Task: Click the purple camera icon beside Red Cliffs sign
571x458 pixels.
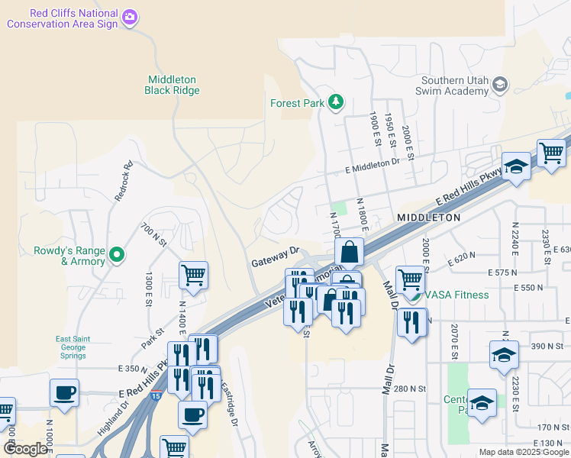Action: pos(131,16)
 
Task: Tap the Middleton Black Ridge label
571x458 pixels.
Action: pos(172,85)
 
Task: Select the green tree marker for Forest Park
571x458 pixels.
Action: pos(335,102)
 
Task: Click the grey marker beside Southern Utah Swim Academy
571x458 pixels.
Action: pos(501,83)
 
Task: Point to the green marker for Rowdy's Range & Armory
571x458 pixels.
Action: pos(117,254)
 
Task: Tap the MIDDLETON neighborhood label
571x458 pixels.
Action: pos(428,218)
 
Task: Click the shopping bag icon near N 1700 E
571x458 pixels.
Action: pos(349,251)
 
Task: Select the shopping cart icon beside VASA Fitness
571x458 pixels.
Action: pos(410,279)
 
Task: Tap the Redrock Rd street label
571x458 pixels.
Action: pos(124,181)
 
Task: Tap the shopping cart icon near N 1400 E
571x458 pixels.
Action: pos(193,274)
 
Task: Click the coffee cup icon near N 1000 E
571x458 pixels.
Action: pos(64,392)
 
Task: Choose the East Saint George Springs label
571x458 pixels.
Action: pos(81,347)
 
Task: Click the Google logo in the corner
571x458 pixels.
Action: pos(24,449)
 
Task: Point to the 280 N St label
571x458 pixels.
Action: pos(405,389)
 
